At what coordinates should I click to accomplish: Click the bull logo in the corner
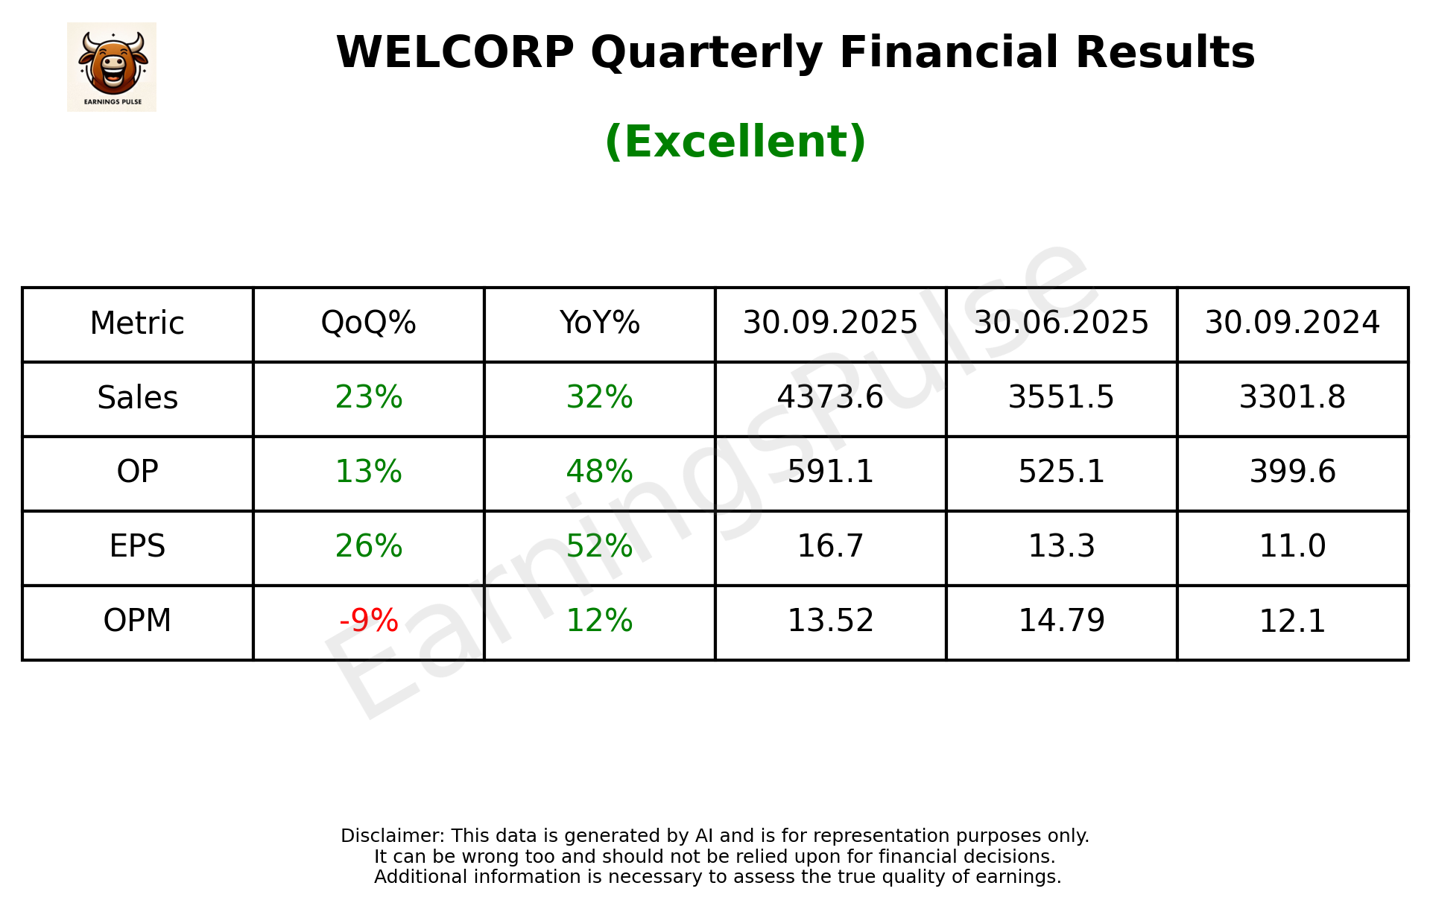112,66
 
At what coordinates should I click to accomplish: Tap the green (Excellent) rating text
735,142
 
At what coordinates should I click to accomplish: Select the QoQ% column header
368,323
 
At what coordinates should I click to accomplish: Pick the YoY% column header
599,323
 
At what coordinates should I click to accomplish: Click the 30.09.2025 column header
830,323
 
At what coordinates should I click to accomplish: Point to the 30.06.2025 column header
1061,323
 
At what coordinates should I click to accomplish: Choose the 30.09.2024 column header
1292,323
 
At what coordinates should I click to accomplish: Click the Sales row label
138,398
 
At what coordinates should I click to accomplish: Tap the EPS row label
138,547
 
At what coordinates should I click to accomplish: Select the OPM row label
138,621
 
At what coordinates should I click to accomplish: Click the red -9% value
368,621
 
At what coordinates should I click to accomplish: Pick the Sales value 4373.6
830,398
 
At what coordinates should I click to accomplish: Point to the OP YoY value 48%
599,472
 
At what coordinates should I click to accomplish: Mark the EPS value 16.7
830,547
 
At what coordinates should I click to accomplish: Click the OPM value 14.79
1061,621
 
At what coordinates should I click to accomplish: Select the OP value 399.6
1292,472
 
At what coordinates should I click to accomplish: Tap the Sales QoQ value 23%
368,398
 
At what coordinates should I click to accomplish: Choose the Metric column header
138,323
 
